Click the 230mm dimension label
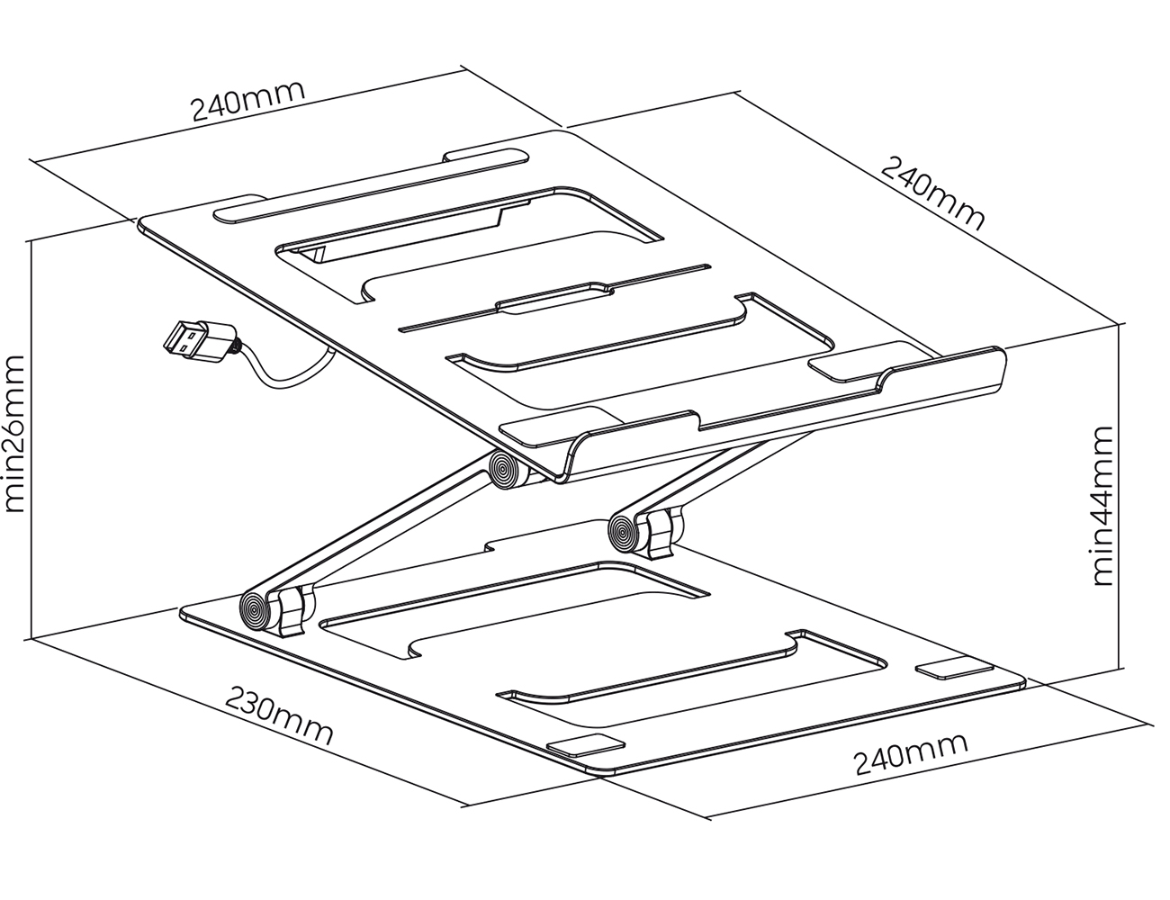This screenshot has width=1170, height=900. [x=278, y=715]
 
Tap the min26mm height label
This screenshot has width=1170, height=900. [x=14, y=433]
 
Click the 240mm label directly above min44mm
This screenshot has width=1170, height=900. [x=932, y=193]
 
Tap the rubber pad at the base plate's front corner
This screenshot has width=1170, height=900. [x=586, y=747]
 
